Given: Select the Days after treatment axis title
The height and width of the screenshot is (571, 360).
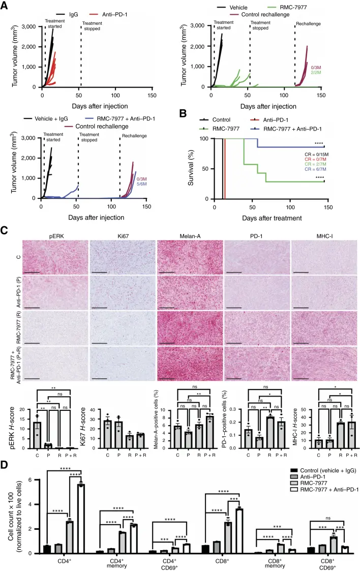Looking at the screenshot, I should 266,217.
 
